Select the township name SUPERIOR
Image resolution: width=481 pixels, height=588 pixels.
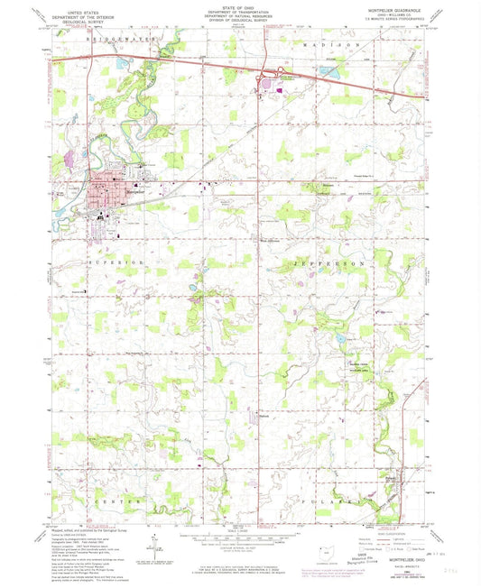pos(116,261)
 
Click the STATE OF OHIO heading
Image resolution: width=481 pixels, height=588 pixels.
pos(240,7)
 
